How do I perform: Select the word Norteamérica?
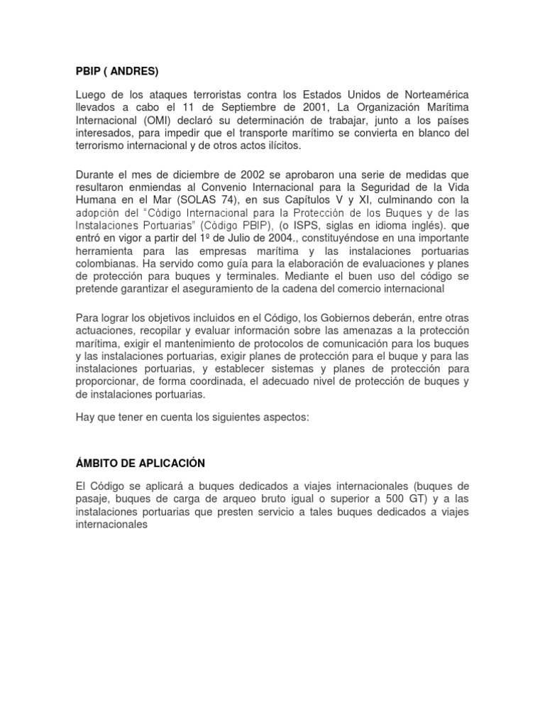pos(433,95)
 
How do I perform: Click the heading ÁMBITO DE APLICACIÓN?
pos(140,463)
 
